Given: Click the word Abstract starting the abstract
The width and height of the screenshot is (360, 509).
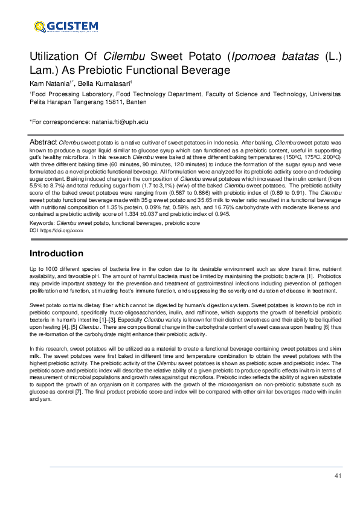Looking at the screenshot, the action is (x=43, y=141).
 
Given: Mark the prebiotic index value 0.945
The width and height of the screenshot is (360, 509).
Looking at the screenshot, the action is (x=220, y=213).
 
